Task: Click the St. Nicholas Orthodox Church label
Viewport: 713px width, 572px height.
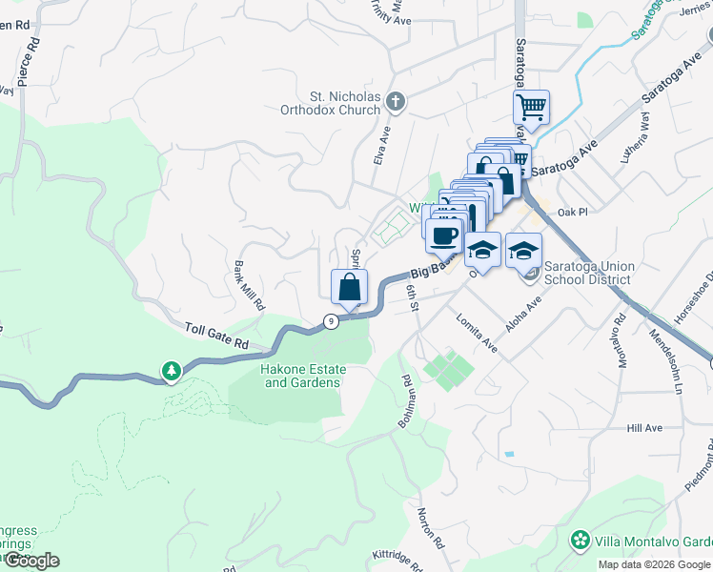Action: [345, 103]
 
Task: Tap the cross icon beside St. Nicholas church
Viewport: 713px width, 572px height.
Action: [397, 100]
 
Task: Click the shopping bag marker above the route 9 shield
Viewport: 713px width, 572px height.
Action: [350, 287]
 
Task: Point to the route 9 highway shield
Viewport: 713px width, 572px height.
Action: [331, 321]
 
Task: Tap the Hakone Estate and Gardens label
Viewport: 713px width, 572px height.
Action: [301, 375]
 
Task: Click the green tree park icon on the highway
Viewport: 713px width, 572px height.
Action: [172, 370]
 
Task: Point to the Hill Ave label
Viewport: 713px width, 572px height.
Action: [644, 428]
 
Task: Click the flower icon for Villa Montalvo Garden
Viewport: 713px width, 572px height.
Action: [579, 541]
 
